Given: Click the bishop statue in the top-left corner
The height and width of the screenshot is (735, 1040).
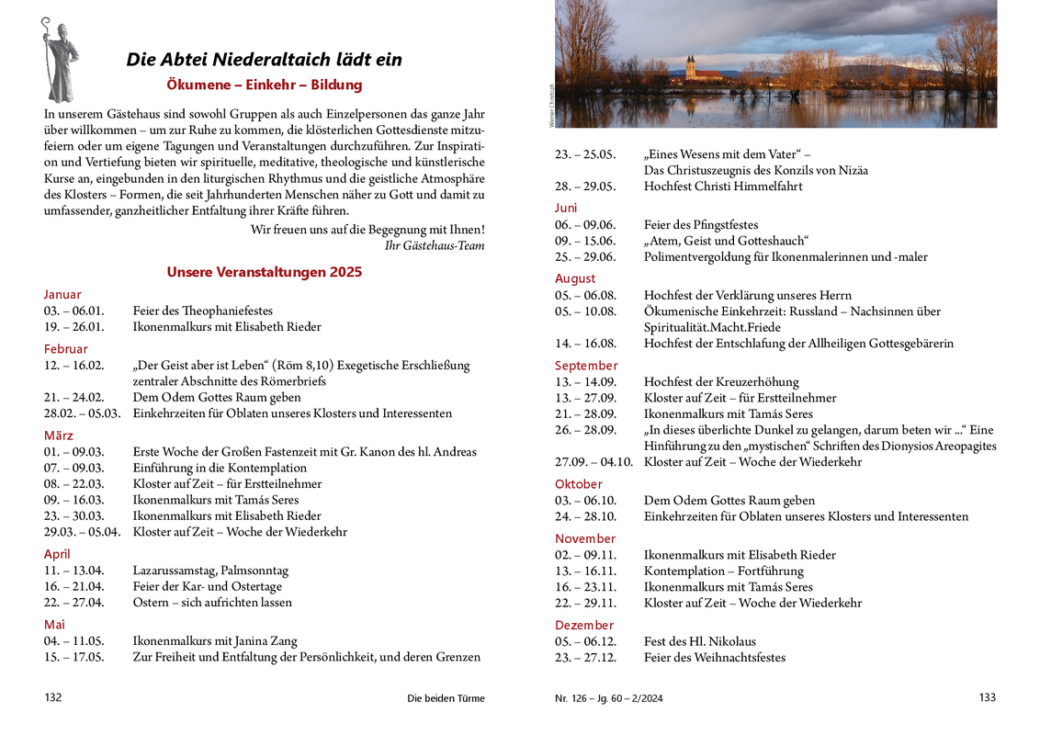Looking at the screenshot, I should [x=60, y=60].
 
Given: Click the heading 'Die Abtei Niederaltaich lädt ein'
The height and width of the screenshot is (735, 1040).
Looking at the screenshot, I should [x=264, y=60].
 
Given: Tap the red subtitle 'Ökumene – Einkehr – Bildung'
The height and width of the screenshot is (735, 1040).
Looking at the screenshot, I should [x=265, y=85].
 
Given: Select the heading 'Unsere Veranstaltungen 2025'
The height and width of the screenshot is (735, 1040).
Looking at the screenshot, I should [x=265, y=272].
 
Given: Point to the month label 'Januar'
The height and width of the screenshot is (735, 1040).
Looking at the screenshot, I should [x=62, y=295].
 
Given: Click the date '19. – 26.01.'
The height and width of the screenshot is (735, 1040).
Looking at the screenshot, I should [x=74, y=327].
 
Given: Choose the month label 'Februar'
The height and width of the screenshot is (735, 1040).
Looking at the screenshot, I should [x=66, y=349].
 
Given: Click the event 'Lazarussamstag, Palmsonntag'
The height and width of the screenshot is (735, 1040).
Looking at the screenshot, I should [x=210, y=571].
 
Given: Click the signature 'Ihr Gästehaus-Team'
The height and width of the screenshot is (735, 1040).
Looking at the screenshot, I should [x=435, y=245].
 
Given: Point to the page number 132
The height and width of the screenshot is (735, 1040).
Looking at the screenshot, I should [x=53, y=698].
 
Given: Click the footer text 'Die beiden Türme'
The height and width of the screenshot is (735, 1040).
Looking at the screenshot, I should [x=446, y=698].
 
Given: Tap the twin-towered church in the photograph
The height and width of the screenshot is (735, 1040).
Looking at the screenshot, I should [x=691, y=69].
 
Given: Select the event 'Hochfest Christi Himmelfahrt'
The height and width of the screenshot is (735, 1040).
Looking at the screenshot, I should [x=723, y=187].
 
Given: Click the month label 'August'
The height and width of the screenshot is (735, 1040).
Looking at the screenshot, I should [x=575, y=278].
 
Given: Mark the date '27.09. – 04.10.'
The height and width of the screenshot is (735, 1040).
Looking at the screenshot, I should [x=593, y=462].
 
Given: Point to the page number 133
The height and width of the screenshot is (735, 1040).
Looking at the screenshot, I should [x=988, y=698].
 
